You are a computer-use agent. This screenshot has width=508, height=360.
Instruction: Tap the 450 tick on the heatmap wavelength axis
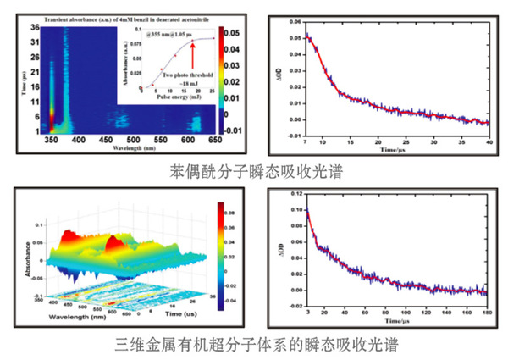107,138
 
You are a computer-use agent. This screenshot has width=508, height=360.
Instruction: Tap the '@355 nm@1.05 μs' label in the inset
168,35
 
